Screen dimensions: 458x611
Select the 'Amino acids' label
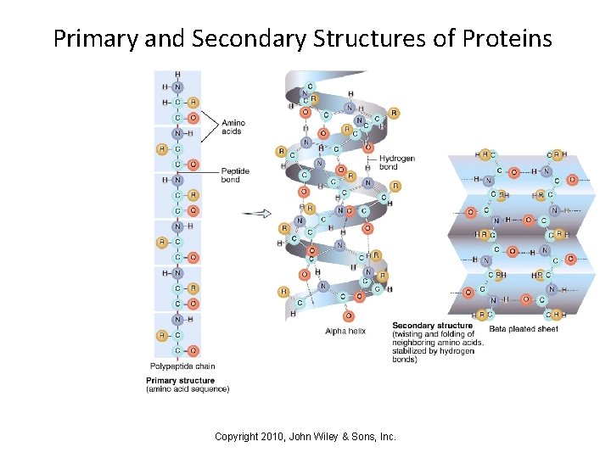233,127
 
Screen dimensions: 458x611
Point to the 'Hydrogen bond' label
397,163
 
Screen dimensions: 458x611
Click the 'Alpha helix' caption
345,331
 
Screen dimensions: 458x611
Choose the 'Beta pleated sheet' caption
524,329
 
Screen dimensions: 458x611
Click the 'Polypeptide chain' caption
182,366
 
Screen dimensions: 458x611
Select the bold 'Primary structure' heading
180,381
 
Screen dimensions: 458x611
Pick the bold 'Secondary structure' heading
432,326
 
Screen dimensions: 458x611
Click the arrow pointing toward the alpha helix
256,214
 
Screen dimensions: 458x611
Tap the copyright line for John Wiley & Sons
305,436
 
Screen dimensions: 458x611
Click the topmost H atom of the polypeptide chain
177,75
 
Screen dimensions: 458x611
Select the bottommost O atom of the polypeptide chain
193,350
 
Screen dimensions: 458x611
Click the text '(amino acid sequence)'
188,389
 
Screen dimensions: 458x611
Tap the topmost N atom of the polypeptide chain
177,87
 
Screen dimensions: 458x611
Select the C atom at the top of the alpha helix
310,86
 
